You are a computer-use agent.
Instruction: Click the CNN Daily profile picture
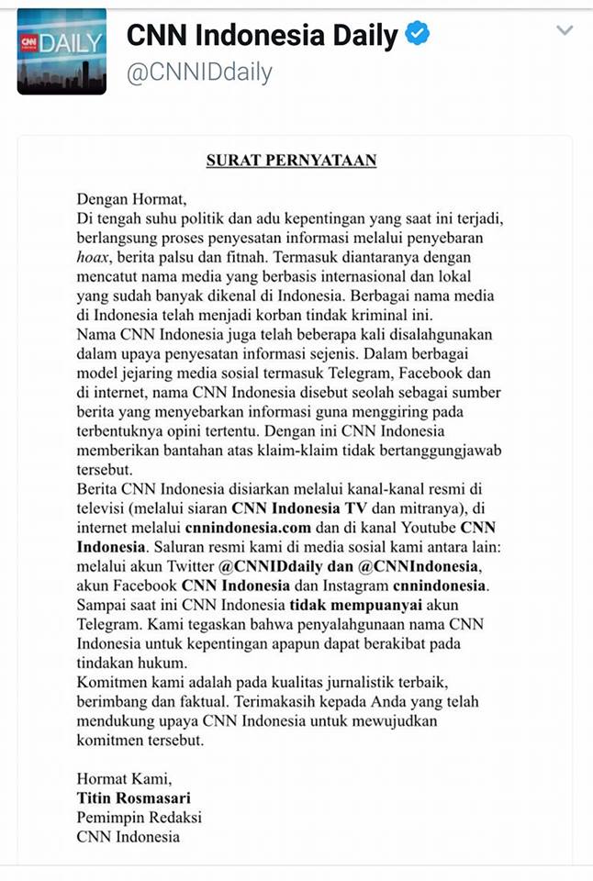coord(62,52)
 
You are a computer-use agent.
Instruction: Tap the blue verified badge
coord(418,36)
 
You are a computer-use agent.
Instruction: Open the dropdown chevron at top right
coord(565,30)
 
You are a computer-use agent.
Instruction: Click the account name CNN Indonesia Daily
coord(262,36)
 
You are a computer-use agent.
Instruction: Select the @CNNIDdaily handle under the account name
coord(198,72)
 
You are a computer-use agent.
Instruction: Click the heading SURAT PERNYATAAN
coord(291,161)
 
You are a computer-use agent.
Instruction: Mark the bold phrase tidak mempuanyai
coord(345,605)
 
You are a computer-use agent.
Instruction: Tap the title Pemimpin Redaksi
coord(139,817)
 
